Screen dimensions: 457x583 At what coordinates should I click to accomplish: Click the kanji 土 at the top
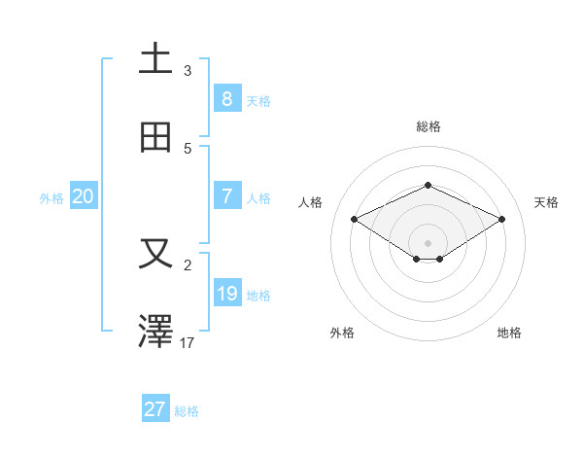click(x=155, y=59)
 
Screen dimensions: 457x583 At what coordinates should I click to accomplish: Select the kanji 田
click(x=155, y=138)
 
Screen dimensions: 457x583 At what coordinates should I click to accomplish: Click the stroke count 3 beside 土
click(x=188, y=70)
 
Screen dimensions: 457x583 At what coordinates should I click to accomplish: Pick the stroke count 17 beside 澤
click(x=188, y=342)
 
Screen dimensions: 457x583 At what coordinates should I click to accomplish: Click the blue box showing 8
click(x=226, y=99)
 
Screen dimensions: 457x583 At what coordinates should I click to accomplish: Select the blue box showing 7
click(x=226, y=196)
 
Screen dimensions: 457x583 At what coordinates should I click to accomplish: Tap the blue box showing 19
click(x=226, y=294)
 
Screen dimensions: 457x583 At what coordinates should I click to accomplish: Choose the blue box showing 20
click(x=83, y=196)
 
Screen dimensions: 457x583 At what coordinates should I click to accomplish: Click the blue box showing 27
click(x=154, y=409)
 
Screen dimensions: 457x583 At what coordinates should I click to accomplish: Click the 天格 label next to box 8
click(x=258, y=100)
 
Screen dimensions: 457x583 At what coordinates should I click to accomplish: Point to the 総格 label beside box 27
click(x=187, y=411)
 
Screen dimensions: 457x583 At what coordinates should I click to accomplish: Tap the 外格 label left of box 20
click(x=51, y=197)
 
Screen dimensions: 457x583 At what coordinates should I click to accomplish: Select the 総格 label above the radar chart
click(x=428, y=126)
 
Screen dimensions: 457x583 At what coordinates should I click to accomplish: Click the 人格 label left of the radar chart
click(x=311, y=202)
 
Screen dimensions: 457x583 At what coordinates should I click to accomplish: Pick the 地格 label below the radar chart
click(x=509, y=333)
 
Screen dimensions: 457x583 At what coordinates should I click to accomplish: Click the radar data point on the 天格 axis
click(x=501, y=220)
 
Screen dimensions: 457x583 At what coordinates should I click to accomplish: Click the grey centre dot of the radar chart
click(x=428, y=242)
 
